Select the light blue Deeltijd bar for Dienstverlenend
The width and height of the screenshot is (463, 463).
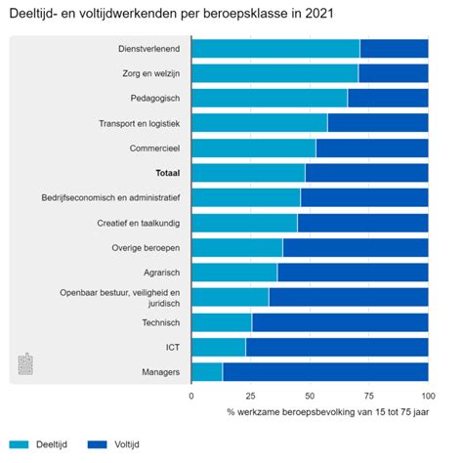coord(275,49)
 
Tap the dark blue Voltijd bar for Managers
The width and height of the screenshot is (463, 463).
coord(325,371)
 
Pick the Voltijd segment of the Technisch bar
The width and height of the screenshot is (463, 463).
coord(340,321)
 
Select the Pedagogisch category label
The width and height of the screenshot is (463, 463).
coord(154,99)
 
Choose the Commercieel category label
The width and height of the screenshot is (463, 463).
coord(153,148)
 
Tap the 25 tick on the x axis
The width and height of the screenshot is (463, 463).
coord(250,396)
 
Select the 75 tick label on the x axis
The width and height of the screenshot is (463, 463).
coord(369,396)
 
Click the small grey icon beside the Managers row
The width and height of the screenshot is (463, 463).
coord(26,363)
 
